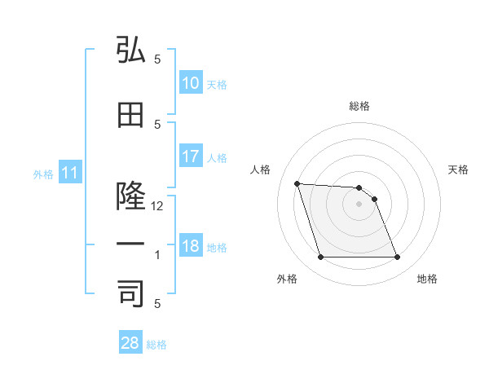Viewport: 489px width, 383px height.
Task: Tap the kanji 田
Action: click(130, 116)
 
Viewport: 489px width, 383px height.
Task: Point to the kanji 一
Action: click(130, 244)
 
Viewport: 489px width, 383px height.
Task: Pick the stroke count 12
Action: click(158, 206)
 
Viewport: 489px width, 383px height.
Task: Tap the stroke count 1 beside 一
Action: click(158, 255)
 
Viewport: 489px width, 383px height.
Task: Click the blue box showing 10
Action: click(190, 83)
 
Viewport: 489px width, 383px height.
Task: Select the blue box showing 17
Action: click(190, 156)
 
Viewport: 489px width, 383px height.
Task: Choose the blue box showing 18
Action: click(190, 246)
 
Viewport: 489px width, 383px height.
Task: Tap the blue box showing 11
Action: click(69, 173)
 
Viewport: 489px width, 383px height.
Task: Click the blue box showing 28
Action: click(130, 343)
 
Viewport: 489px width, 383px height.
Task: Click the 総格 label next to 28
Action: click(156, 345)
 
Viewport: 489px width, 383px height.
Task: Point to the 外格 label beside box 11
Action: click(43, 174)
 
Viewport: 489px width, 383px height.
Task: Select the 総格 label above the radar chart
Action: click(359, 106)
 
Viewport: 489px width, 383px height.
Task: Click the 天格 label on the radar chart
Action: click(458, 169)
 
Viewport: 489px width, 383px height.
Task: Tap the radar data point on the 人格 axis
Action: click(297, 183)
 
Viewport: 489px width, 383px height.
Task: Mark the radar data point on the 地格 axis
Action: click(397, 258)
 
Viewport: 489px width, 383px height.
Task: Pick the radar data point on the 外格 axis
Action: click(320, 258)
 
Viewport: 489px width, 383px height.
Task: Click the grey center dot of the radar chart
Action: click(359, 204)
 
